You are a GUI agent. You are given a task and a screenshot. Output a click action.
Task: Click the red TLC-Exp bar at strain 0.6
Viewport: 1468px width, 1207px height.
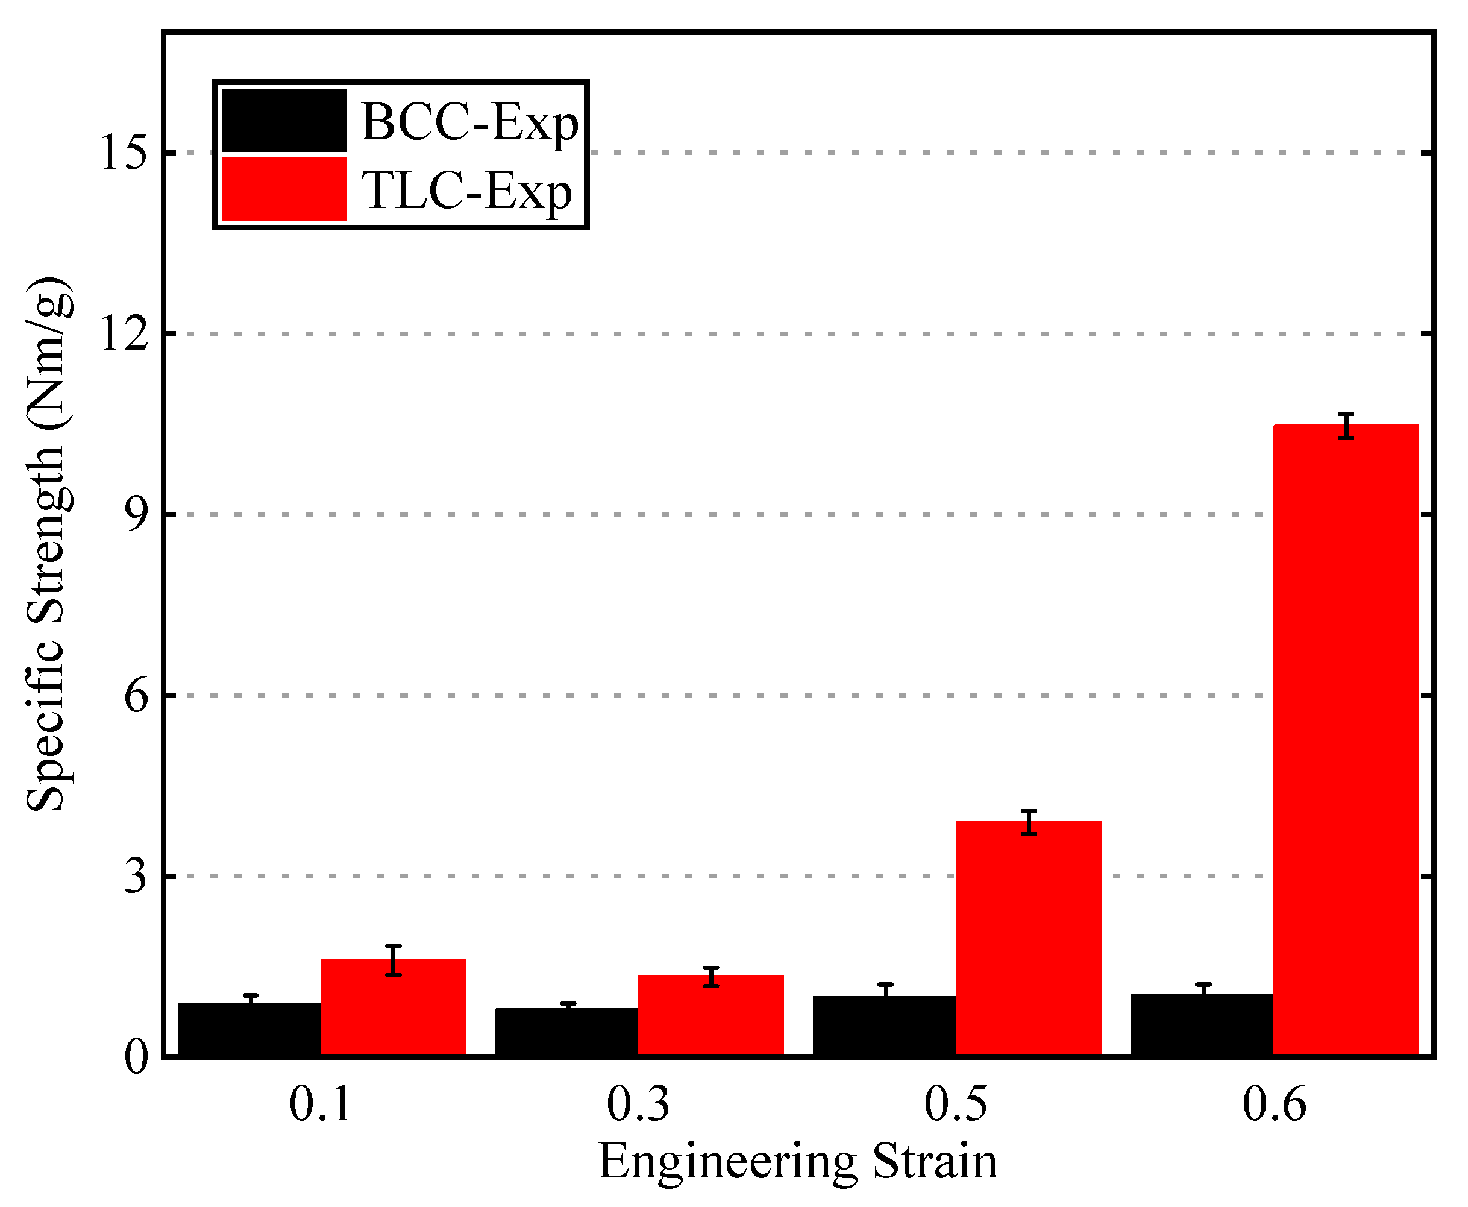[x=1346, y=740]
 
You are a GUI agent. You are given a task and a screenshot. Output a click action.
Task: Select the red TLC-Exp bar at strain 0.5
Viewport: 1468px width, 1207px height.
[x=1028, y=939]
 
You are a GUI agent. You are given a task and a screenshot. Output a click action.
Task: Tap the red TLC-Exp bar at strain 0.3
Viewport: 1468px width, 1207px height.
[x=710, y=1016]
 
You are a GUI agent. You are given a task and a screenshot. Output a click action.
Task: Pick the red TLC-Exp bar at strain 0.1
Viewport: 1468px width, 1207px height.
[x=393, y=1007]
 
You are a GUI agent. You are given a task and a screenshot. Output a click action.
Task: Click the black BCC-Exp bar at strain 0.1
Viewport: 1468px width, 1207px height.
[x=249, y=1030]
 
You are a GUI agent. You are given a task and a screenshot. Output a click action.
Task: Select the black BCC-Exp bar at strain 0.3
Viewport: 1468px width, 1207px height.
[x=566, y=1033]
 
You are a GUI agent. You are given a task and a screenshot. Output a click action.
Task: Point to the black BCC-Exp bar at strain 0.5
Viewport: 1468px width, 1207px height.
[x=884, y=1026]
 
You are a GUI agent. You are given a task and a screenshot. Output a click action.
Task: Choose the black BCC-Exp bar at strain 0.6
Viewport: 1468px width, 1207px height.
[x=1202, y=1026]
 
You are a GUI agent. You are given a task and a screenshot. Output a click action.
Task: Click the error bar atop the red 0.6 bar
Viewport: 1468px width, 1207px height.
[x=1346, y=426]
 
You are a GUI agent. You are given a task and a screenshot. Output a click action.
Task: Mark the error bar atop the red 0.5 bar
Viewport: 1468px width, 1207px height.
[x=1029, y=822]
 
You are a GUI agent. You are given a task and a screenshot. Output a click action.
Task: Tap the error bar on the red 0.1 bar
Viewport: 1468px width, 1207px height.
[x=394, y=960]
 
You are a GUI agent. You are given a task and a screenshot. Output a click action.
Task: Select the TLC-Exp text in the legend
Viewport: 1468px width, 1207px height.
[x=466, y=191]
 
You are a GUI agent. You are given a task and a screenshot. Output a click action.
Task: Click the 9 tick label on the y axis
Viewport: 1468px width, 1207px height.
[x=136, y=515]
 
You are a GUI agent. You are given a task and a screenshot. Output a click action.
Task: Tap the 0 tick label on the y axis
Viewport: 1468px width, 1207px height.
[x=136, y=1057]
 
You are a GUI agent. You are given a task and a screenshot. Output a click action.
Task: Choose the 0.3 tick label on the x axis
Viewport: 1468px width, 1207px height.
[x=638, y=1104]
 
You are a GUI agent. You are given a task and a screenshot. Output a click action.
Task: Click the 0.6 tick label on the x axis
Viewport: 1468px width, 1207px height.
[x=1273, y=1104]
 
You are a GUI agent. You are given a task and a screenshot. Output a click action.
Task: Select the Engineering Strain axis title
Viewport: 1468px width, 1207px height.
[x=797, y=1161]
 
